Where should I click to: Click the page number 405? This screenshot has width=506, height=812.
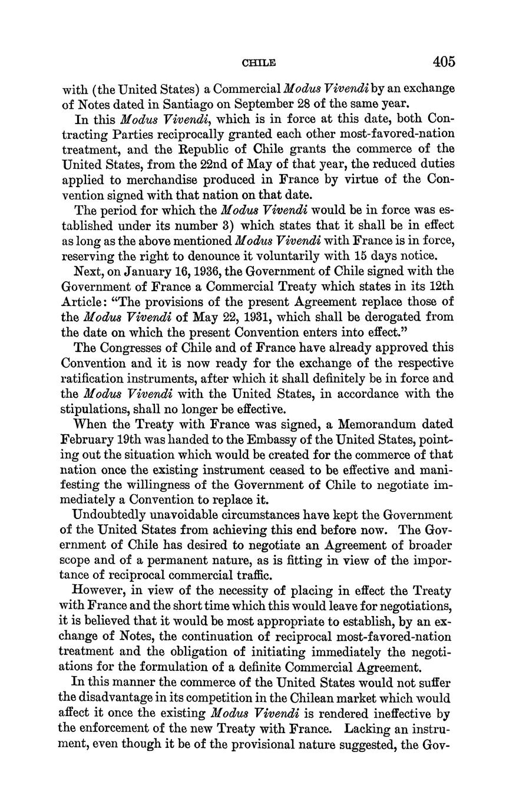pos(444,61)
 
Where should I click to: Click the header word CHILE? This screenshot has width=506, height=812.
pos(260,62)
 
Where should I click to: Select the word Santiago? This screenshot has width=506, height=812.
pos(180,105)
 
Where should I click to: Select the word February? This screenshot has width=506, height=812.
pos(87,440)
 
